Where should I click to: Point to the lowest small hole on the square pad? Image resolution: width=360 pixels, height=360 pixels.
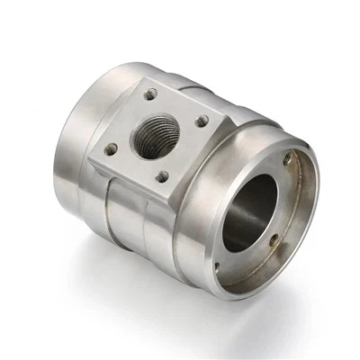pos(161,177)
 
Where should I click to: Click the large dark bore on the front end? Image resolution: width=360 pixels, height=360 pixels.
pos(251,211)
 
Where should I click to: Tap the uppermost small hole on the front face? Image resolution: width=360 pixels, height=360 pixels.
pos(287,160)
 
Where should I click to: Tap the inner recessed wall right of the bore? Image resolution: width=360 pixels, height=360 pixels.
pos(288,216)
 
